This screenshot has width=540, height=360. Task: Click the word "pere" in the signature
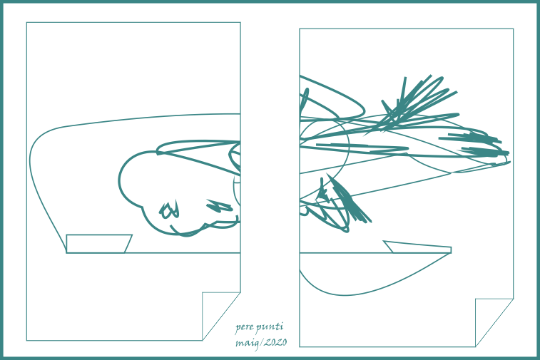point(244,327)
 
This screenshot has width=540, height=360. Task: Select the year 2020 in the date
point(275,342)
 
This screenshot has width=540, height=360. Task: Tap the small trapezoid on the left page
point(98,244)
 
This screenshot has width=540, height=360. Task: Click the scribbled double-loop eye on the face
point(169,210)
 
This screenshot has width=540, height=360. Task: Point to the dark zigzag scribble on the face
point(220,206)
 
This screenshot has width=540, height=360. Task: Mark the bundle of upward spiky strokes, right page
point(413,103)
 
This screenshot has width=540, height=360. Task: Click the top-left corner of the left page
point(26,22)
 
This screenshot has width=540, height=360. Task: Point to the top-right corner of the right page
point(514,29)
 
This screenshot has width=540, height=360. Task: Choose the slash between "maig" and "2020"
point(262,343)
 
